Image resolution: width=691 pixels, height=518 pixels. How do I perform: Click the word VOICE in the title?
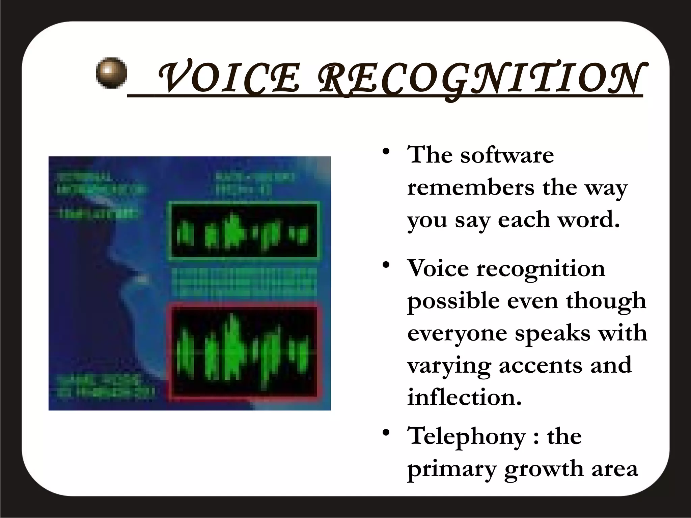[x=229, y=78]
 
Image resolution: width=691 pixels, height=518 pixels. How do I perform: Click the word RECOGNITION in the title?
[x=479, y=78]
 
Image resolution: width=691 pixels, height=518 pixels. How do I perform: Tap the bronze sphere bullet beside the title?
[x=111, y=73]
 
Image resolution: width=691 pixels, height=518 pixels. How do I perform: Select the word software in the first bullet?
[x=507, y=155]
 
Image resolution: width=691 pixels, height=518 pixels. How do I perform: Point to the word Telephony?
[x=467, y=436]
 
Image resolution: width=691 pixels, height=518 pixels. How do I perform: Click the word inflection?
[x=465, y=397]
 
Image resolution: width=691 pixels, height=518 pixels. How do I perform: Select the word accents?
[x=541, y=365]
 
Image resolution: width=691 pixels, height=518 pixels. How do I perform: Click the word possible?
[x=453, y=301]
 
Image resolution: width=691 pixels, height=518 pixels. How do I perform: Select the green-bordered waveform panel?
[x=243, y=231]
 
